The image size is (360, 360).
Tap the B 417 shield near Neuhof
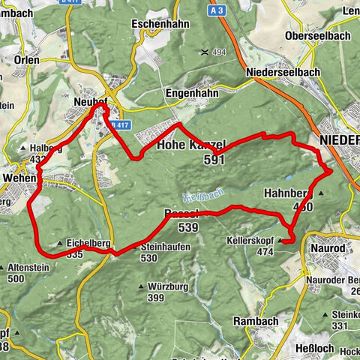[x=119, y=125]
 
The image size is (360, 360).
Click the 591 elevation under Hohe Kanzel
[x=214, y=160]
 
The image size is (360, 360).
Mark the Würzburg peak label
[x=167, y=286]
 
